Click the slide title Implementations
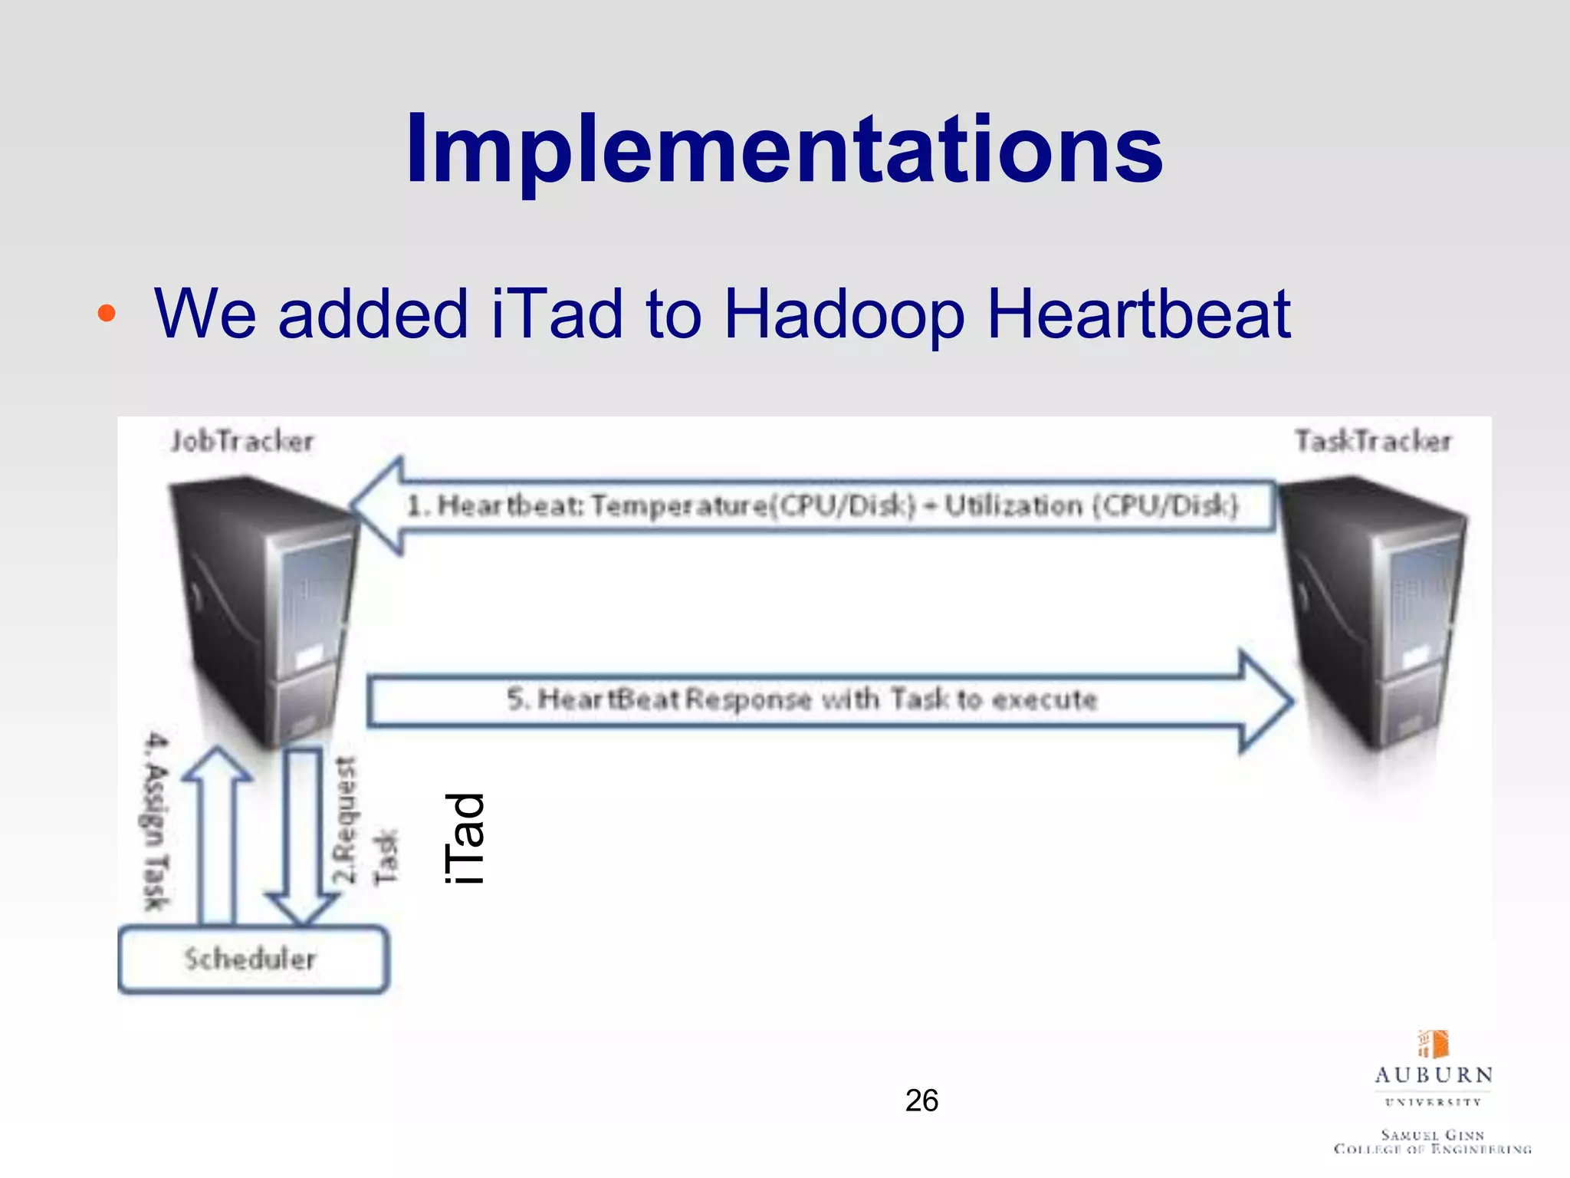tap(783, 149)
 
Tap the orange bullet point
tap(107, 313)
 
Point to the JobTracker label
tap(242, 441)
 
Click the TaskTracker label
tap(1373, 441)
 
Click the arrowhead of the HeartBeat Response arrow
tap(1265, 700)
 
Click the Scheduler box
tap(253, 959)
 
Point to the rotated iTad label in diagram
tap(465, 837)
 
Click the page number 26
tap(921, 1101)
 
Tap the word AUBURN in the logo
tap(1433, 1075)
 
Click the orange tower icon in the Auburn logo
tap(1434, 1044)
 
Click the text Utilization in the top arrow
tap(1012, 506)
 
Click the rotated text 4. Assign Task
tap(156, 821)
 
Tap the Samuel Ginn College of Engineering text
tap(1432, 1141)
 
